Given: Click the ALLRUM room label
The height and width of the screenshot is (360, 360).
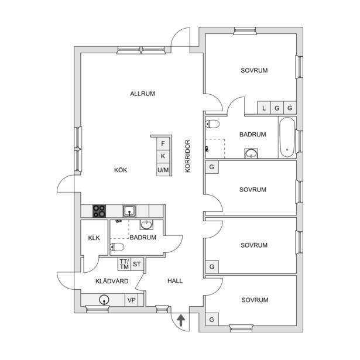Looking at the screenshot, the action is tap(142, 94).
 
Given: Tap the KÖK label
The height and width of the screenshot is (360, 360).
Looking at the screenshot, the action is tap(121, 170).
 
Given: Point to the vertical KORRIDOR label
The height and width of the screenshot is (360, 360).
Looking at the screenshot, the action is tap(187, 156).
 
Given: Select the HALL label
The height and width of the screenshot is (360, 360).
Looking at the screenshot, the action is tap(175, 281).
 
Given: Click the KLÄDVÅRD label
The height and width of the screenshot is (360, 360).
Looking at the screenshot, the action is tap(112, 281).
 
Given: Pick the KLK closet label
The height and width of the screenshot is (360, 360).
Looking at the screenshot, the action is tap(94, 238).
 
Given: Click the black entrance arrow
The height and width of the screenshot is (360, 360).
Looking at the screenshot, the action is tap(181, 321).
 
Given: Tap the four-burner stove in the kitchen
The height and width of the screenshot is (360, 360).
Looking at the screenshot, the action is tap(99, 211).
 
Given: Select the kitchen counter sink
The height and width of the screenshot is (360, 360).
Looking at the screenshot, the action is tap(129, 211).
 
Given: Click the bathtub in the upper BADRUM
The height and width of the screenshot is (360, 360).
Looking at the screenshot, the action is tap(287, 138).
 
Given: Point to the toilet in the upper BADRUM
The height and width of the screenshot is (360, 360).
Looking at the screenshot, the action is tap(212, 124).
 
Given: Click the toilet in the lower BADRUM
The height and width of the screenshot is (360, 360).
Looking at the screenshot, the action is tap(117, 247).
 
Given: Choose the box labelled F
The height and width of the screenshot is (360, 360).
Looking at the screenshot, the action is tap(163, 143).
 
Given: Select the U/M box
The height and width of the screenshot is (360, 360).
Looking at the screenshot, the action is tap(163, 170).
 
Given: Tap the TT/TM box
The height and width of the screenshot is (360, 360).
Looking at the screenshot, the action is tap(124, 264).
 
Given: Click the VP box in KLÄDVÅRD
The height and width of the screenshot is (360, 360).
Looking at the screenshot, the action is tap(132, 300).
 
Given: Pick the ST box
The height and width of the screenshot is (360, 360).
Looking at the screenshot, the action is tap(137, 264).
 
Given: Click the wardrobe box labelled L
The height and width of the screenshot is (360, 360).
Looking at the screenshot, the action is tap(264, 108).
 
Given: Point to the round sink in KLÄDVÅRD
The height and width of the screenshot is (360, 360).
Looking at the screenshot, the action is tap(104, 300).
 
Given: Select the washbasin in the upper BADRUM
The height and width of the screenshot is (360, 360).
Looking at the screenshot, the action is tap(251, 153).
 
